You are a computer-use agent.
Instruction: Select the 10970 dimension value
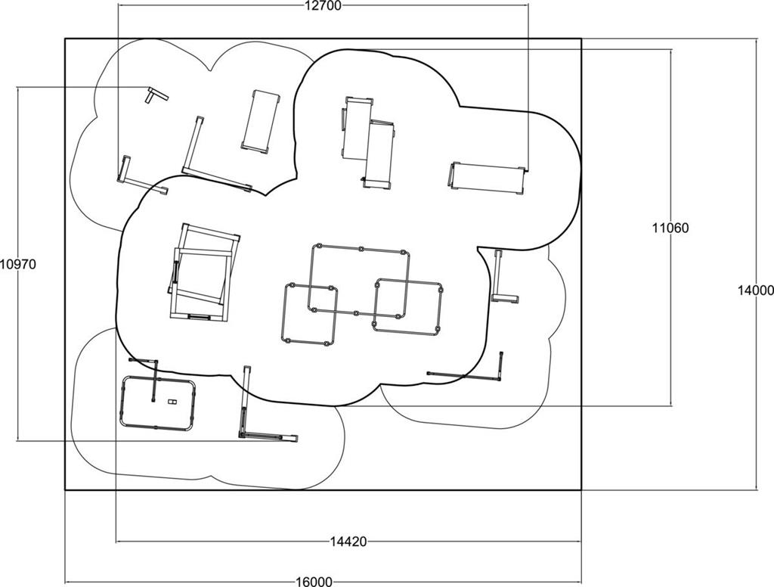pyautogui.click(x=18, y=264)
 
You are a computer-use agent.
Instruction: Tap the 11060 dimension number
pyautogui.click(x=670, y=228)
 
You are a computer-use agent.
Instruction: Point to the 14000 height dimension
pyautogui.click(x=756, y=291)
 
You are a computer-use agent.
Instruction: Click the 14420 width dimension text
pyautogui.click(x=348, y=542)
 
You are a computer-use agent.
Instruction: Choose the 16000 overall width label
pyautogui.click(x=314, y=582)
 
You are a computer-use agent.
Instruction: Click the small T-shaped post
pyautogui.click(x=156, y=95)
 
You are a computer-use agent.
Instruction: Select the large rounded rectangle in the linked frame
pyautogui.click(x=359, y=281)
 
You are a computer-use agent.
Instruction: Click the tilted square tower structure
pyautogui.click(x=203, y=273)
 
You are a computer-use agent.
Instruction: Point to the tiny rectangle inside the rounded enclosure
pyautogui.click(x=172, y=402)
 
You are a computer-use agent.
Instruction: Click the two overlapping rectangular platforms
pyautogui.click(x=368, y=142)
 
